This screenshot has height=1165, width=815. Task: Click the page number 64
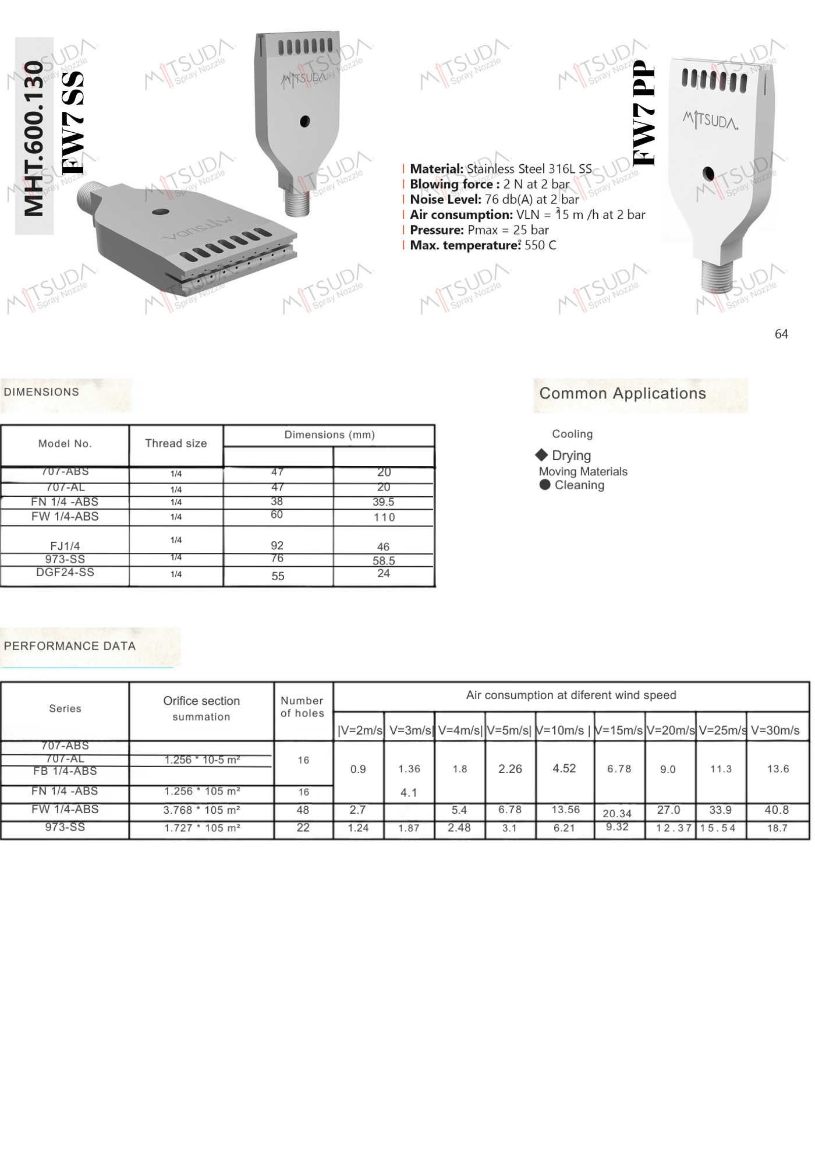[781, 334]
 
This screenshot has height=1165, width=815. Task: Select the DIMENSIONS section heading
[41, 392]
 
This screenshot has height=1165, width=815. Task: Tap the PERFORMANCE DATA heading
[70, 646]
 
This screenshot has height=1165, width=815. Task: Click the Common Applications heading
[622, 393]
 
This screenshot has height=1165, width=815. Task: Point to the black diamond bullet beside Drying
[541, 455]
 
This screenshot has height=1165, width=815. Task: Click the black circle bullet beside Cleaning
[545, 485]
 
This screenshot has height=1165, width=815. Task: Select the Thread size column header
[176, 443]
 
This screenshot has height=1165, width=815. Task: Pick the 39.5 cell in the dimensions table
[384, 502]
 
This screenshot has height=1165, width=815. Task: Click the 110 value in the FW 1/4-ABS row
[384, 517]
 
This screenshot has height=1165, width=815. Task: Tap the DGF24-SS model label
[65, 573]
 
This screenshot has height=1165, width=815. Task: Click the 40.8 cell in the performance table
[777, 810]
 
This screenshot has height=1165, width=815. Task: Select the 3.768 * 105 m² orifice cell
[201, 810]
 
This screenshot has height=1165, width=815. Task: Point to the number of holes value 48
[303, 810]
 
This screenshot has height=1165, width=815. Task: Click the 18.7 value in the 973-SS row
[777, 828]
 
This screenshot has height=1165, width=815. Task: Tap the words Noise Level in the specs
[446, 199]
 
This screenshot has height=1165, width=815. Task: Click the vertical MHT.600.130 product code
[34, 139]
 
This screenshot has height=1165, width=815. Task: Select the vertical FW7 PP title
[644, 113]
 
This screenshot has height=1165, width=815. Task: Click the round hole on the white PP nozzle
[708, 174]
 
